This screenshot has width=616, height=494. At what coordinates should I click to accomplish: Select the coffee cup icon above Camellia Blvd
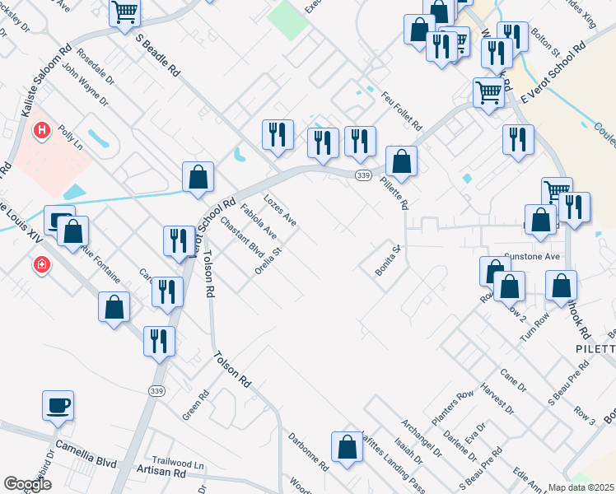[58, 404]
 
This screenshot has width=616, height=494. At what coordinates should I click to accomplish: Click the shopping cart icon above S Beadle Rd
[125, 12]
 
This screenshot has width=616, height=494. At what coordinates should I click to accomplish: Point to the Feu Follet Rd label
[401, 114]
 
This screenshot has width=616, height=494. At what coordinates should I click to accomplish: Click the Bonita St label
[387, 260]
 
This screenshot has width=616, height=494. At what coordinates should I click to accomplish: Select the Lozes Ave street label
[279, 211]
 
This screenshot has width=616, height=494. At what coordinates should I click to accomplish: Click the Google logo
[27, 484]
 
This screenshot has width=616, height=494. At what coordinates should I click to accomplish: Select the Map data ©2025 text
[581, 487]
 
